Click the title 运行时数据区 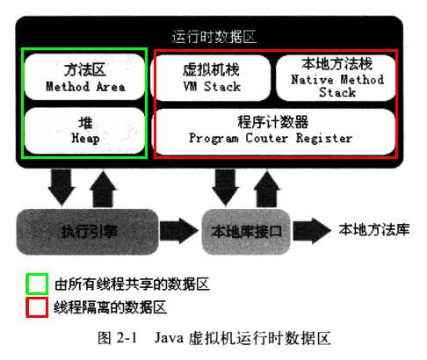click(x=213, y=36)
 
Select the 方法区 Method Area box click(x=85, y=77)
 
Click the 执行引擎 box click(x=85, y=231)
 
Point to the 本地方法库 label click(x=374, y=230)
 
